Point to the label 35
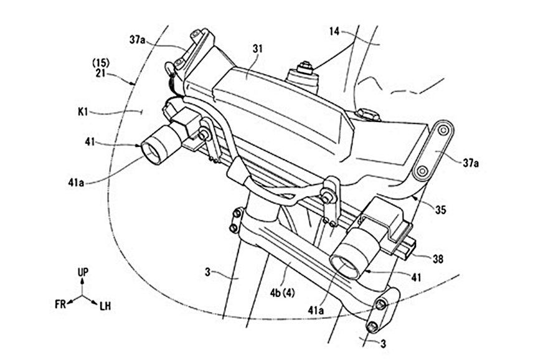[x=440, y=211]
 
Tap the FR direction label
[x=60, y=305]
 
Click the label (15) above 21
[x=101, y=64]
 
